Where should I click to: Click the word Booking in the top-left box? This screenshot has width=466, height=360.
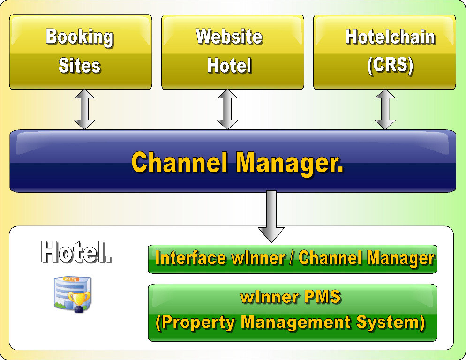click(80, 37)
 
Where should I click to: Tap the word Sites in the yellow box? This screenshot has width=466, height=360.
click(80, 66)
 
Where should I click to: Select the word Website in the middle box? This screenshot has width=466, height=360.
click(229, 37)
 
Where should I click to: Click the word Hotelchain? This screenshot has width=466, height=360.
click(390, 37)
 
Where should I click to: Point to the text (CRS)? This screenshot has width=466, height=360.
click(390, 66)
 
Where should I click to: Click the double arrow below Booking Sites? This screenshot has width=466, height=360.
click(84, 110)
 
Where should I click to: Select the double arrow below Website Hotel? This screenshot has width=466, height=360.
click(228, 110)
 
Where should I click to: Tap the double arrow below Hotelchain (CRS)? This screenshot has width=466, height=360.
click(385, 110)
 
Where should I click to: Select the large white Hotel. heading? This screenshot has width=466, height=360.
click(76, 252)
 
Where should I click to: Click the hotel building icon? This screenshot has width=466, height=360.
click(70, 293)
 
